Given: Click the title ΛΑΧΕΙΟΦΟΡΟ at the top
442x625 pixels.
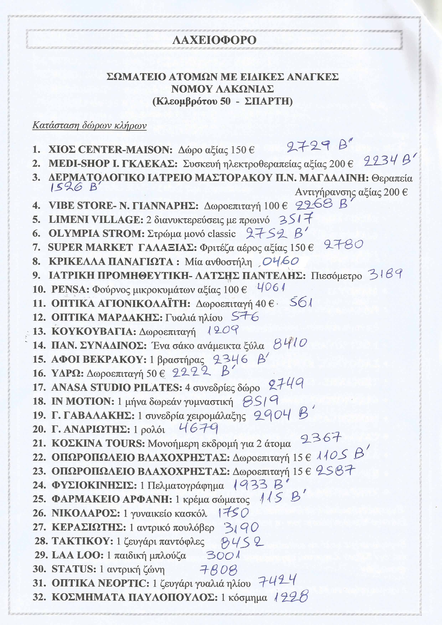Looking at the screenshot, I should pyautogui.click(x=214, y=40).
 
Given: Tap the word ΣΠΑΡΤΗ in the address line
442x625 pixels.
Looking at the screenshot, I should pyautogui.click(x=268, y=102).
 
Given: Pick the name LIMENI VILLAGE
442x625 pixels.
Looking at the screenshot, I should pyautogui.click(x=96, y=219).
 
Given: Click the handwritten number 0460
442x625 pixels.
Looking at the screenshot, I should pyautogui.click(x=280, y=262).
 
